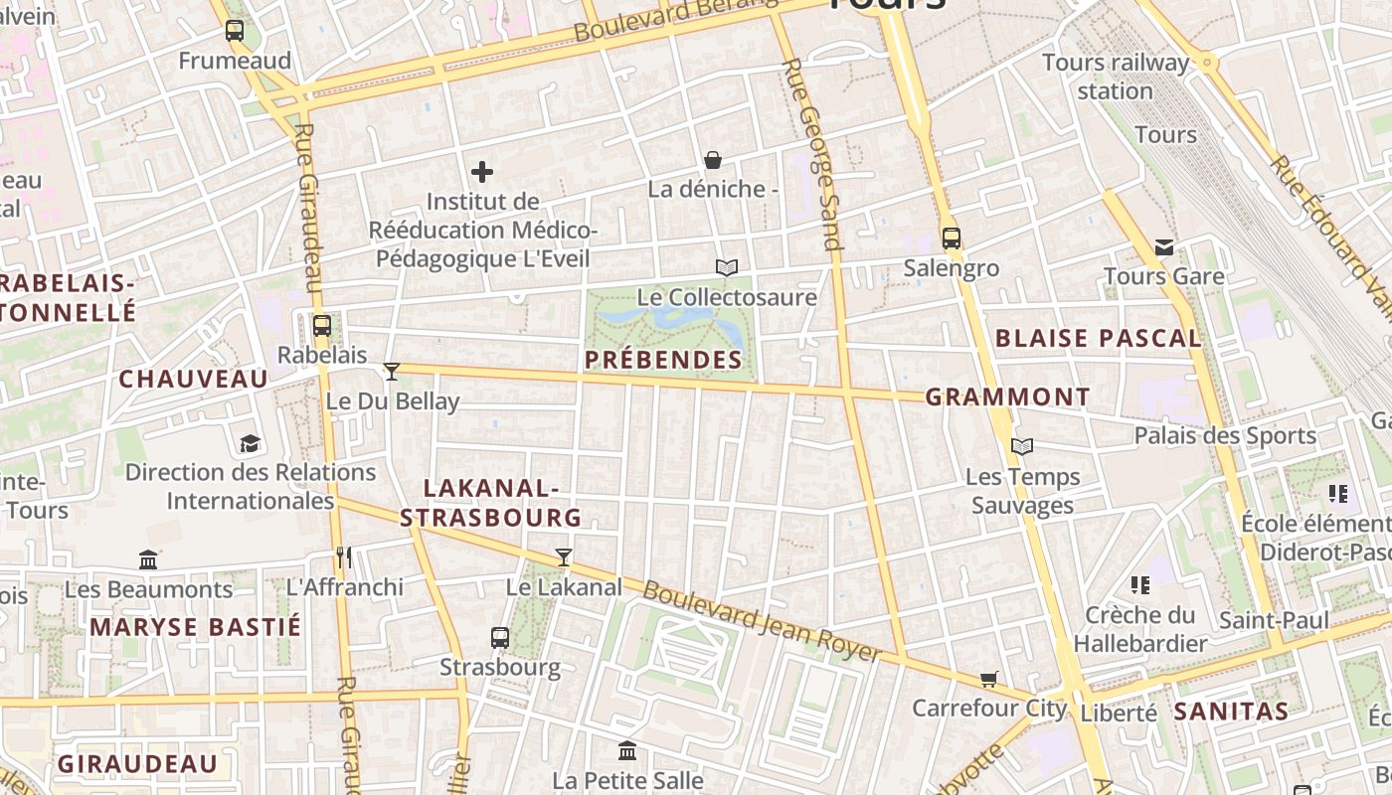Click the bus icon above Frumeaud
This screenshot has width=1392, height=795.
235,31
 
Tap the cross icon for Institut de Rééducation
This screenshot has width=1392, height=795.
482,172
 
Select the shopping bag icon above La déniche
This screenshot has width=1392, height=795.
713,159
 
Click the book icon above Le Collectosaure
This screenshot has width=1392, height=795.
727,267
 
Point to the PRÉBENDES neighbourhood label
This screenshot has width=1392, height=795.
663,360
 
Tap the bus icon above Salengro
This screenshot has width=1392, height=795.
952,238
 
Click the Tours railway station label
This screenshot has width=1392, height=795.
1116,77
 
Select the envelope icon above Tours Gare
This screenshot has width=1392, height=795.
1164,247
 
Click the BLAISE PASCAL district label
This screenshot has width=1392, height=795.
1098,338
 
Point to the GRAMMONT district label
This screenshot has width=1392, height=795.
1007,397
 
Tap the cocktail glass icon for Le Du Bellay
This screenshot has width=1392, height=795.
392,372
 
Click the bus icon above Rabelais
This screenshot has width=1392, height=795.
321,325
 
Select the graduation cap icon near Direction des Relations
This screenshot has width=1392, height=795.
250,443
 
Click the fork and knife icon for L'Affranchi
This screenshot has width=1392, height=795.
345,557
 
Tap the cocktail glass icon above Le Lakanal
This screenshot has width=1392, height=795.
564,557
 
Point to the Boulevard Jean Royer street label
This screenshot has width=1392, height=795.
762,622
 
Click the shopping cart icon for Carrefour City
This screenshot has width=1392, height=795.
988,679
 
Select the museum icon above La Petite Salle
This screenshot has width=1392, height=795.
627,751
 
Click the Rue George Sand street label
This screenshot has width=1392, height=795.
812,154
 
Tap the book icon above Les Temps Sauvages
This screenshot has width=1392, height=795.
1022,447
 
